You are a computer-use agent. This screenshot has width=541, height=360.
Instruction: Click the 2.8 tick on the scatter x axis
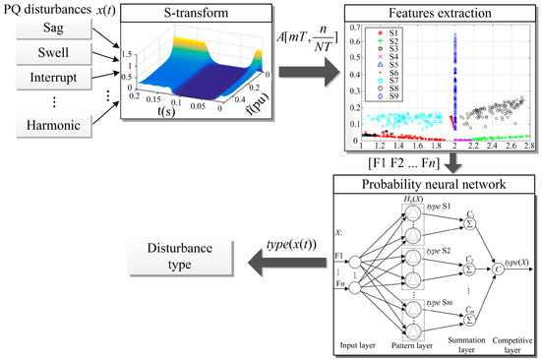pyautogui.click(x=529, y=149)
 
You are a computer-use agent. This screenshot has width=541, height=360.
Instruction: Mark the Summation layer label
pyautogui.click(x=465, y=341)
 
